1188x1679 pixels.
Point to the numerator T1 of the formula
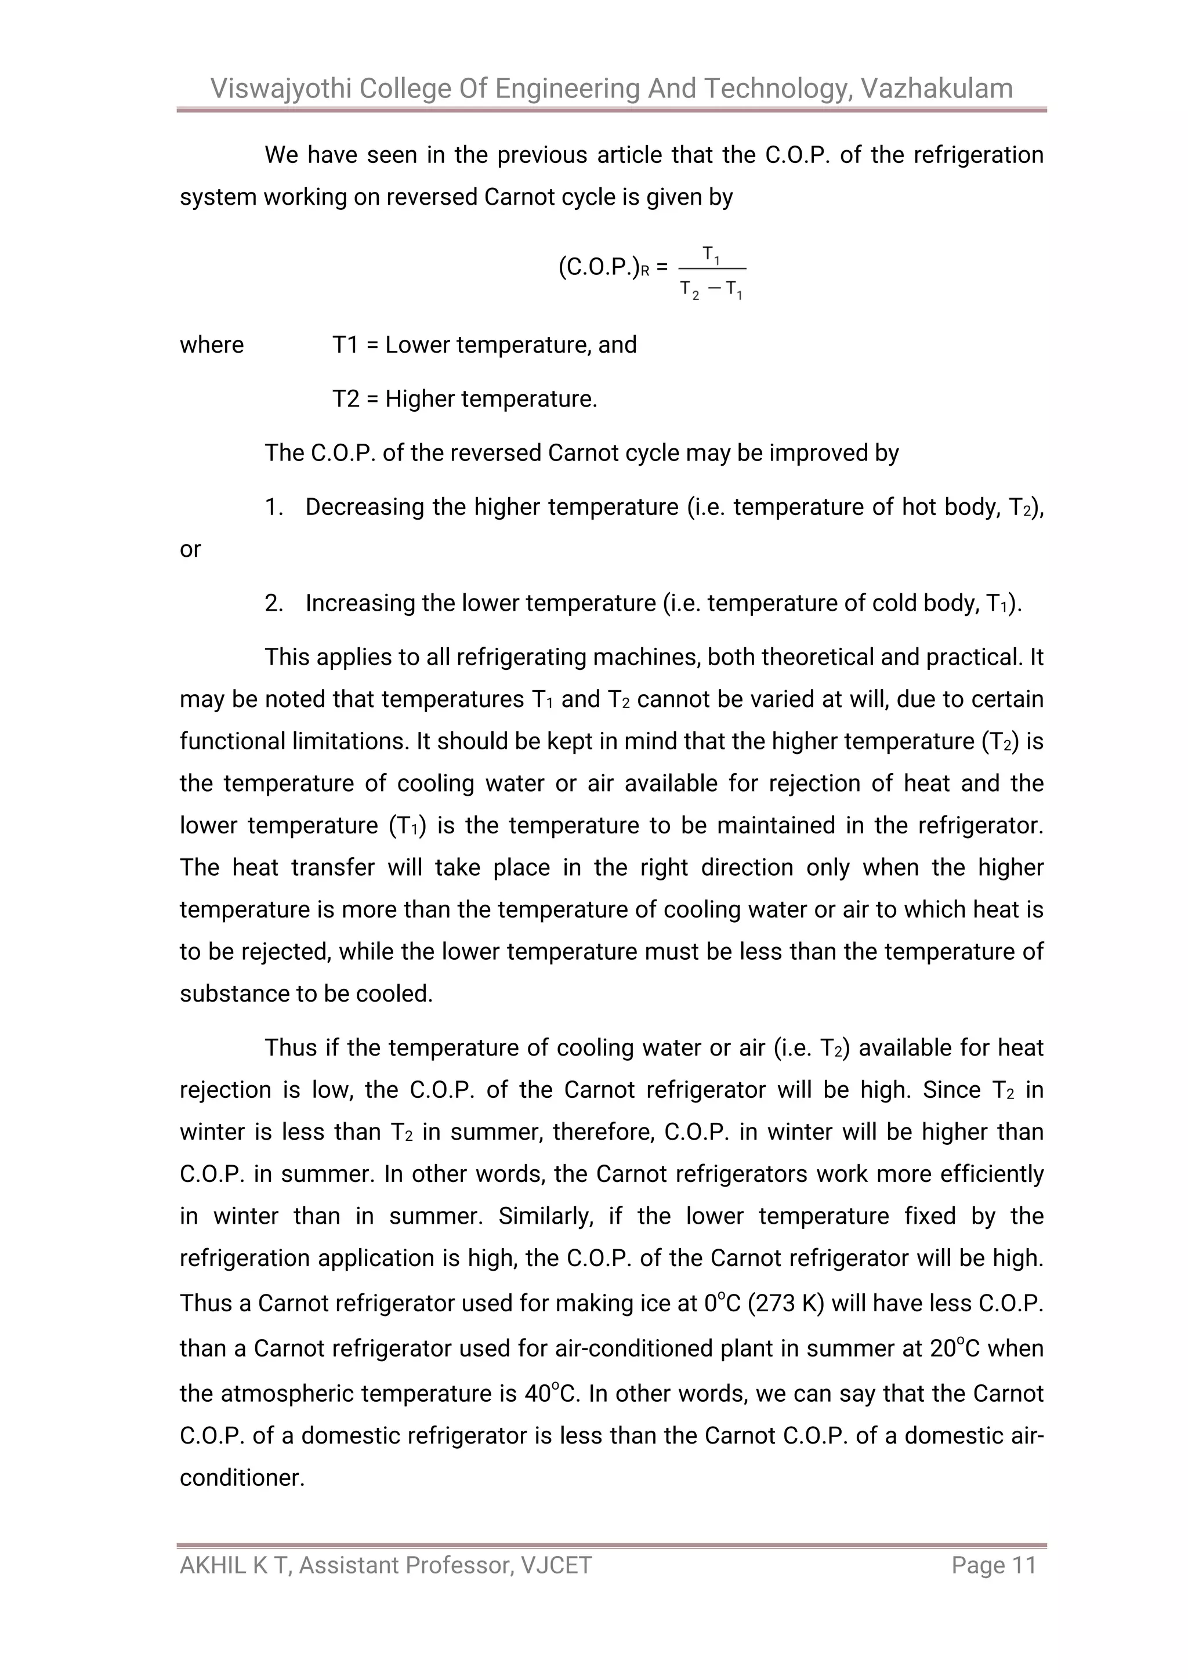pyautogui.click(x=711, y=255)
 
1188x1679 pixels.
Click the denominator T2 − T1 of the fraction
pyautogui.click(x=711, y=291)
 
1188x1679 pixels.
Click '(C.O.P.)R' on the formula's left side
pyautogui.click(x=604, y=269)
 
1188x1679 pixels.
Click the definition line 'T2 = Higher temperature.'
pyautogui.click(x=465, y=398)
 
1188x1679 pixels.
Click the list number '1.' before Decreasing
pyautogui.click(x=274, y=507)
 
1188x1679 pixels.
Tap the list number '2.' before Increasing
pyautogui.click(x=274, y=603)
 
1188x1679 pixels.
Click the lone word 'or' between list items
pyautogui.click(x=190, y=549)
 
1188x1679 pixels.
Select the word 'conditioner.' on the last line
pyautogui.click(x=241, y=1477)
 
